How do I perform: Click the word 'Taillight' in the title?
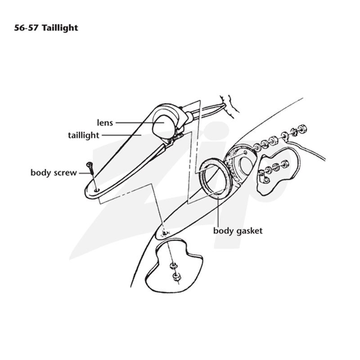60,28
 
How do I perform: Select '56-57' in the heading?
27,28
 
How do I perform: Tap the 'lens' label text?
105,122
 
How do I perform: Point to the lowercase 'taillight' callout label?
84,135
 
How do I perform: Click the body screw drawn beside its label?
90,168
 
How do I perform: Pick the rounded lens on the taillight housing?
163,126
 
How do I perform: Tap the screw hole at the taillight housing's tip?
97,190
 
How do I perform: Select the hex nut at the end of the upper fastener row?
302,128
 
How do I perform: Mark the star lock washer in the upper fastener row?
293,131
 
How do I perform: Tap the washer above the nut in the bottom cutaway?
173,266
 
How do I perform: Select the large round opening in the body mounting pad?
246,166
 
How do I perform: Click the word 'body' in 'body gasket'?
223,230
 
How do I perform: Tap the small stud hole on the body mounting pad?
246,152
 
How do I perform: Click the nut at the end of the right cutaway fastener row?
285,164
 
